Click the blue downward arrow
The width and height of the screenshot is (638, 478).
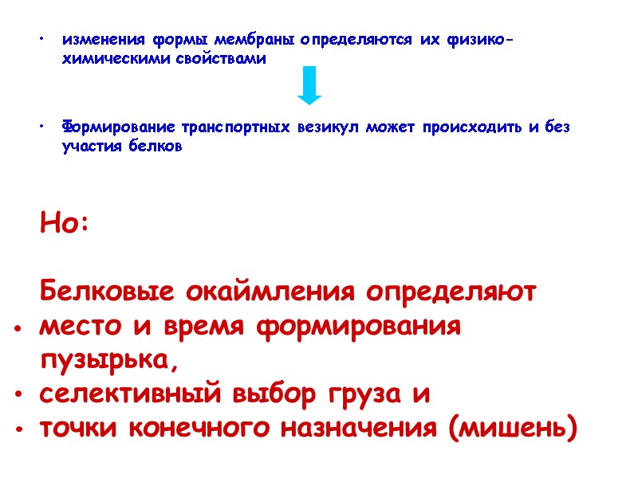[309, 85]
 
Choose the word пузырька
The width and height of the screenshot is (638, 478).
[106, 361]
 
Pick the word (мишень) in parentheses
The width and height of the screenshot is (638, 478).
[511, 429]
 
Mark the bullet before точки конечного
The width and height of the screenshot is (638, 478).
[18, 429]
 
